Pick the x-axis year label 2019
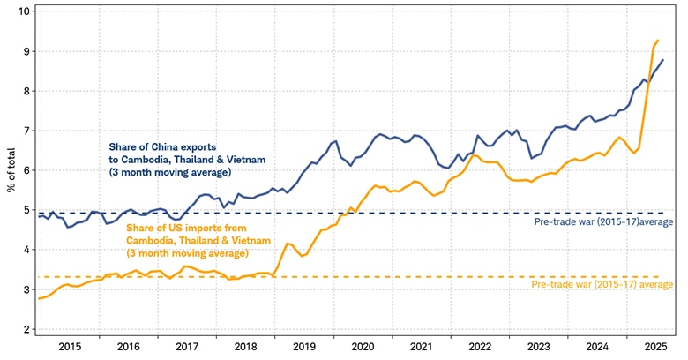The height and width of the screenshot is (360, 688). [305, 348]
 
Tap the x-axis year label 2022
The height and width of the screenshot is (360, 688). [480, 348]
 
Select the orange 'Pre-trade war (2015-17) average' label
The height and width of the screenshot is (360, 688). [603, 285]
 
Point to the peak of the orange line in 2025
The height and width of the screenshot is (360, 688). [658, 40]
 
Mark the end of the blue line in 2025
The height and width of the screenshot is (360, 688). [663, 60]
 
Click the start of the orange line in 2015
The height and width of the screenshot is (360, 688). [39, 299]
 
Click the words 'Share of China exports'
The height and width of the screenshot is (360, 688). [163, 146]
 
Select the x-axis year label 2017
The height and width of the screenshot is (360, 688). [187, 348]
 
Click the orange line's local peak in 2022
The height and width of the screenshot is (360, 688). [474, 155]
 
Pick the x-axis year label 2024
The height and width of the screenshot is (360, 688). [596, 348]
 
